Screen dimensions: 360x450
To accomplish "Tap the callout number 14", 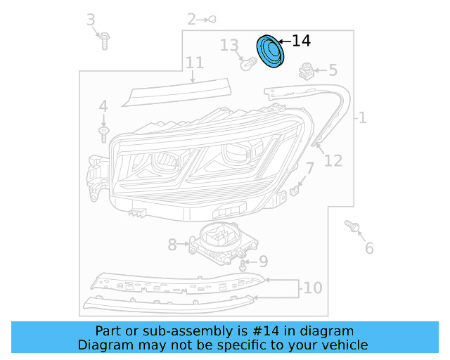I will click(x=300, y=41).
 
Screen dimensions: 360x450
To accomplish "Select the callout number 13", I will click(x=229, y=46).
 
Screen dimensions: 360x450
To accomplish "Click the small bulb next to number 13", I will click(x=247, y=65).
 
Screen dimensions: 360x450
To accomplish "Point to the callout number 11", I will click(x=195, y=63).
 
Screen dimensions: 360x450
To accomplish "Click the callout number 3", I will click(x=91, y=20).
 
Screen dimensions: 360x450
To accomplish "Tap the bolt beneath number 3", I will click(x=104, y=41).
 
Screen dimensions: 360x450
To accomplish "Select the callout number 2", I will click(x=192, y=19).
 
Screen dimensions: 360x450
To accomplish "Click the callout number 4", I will click(x=103, y=107).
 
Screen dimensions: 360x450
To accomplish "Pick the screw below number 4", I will click(x=103, y=132).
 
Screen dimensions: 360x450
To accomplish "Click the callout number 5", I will click(x=333, y=70).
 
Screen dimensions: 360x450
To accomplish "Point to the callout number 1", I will click(x=362, y=118).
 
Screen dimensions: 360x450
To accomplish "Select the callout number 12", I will click(x=333, y=160).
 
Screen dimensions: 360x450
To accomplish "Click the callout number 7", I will click(x=309, y=168).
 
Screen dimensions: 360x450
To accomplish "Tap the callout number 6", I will click(x=369, y=247).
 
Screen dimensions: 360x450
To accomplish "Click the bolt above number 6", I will click(x=353, y=226).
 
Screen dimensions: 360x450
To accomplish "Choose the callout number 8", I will click(x=172, y=245).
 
